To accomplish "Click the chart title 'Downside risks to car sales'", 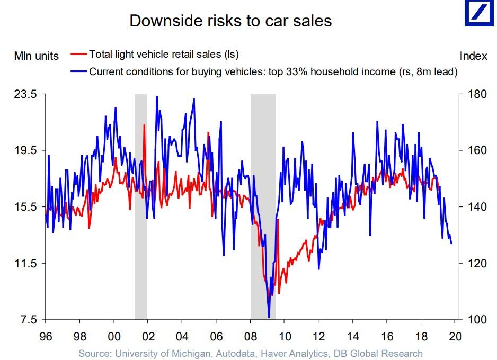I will pyautogui.click(x=230, y=21).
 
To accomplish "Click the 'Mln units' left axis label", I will pyautogui.click(x=36, y=56).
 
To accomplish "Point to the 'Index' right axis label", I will pyautogui.click(x=473, y=56).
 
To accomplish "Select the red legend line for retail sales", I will pyautogui.click(x=78, y=54).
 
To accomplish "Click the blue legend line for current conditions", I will pyautogui.click(x=78, y=71).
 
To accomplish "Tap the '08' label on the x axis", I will pyautogui.click(x=250, y=336).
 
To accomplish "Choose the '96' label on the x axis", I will pyautogui.click(x=45, y=336).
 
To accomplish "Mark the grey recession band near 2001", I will pyautogui.click(x=140, y=206).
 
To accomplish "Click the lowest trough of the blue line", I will pyautogui.click(x=269, y=317).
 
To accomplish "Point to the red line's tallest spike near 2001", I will pyautogui.click(x=144, y=125).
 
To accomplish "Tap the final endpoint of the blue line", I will pyautogui.click(x=451, y=244).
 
